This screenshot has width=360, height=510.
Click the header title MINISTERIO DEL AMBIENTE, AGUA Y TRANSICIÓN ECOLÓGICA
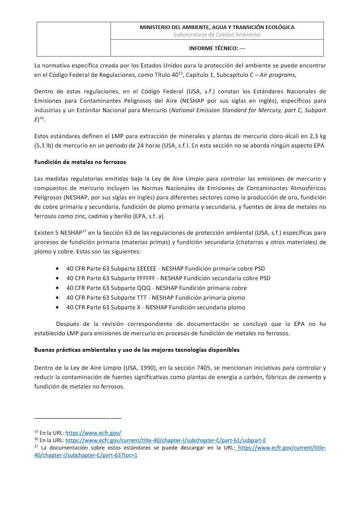pos(217,27)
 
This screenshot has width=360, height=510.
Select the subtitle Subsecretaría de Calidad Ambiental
pos(217,35)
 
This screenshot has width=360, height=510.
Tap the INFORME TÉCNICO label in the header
pos(217,48)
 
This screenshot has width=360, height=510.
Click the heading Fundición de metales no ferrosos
pos(80,162)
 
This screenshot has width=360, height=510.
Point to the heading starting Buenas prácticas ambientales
pos(136,350)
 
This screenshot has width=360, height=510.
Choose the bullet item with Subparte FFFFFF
pos(168,278)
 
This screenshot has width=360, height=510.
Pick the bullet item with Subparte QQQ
pos(157,288)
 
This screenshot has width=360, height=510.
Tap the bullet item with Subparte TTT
pos(155,298)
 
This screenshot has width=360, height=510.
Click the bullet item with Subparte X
pos(155,307)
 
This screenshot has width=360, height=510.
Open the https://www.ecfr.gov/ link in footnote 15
pos(93,432)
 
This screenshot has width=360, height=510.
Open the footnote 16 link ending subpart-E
pos(165,440)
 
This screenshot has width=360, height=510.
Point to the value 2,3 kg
pos(317,136)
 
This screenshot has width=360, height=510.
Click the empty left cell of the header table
pos(73,39)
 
